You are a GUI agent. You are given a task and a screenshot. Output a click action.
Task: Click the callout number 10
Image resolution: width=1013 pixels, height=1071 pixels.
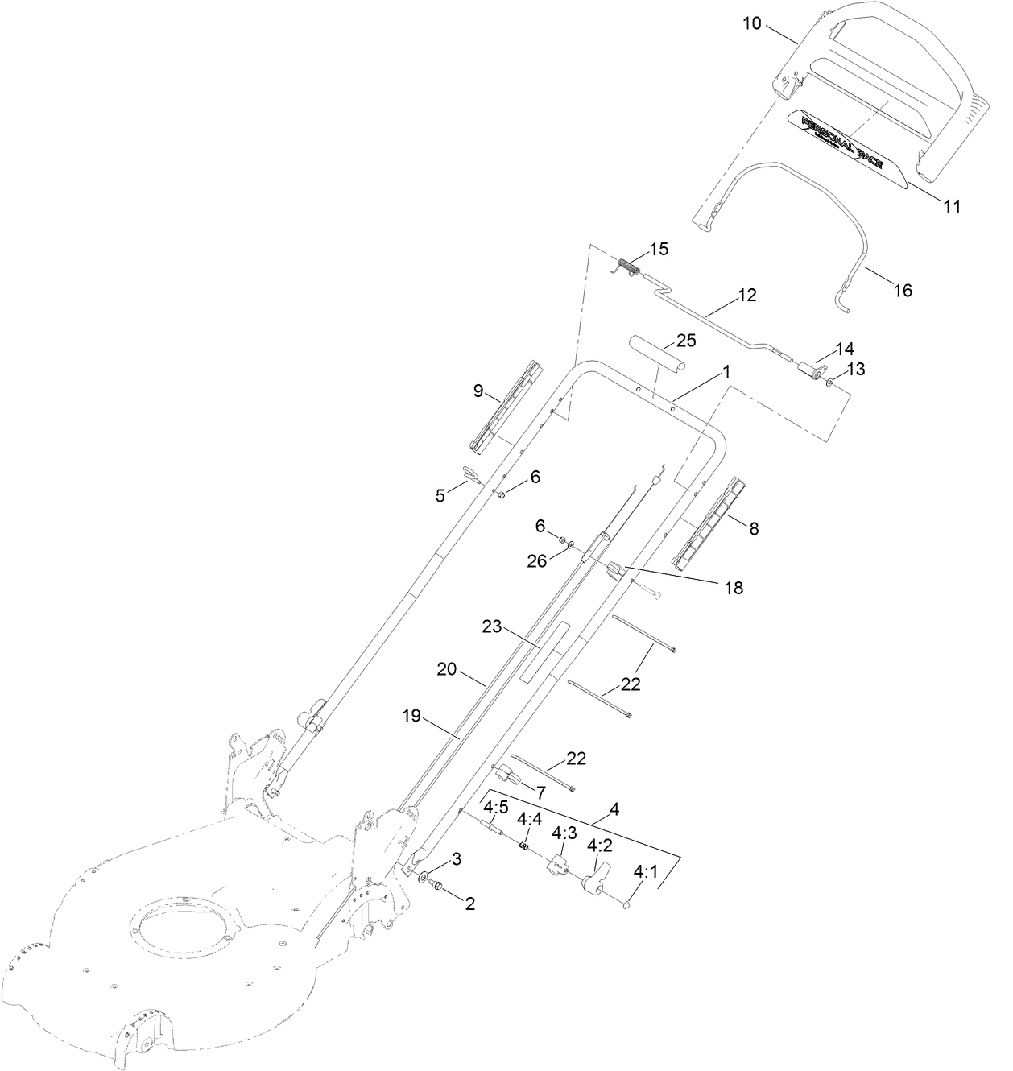(750, 23)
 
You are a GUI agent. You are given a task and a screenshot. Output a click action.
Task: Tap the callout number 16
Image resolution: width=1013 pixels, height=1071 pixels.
(903, 290)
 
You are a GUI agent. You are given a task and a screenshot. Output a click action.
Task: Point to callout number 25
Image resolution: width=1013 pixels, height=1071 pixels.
(685, 340)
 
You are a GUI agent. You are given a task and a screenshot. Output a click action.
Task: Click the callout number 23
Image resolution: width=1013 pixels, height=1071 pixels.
(492, 626)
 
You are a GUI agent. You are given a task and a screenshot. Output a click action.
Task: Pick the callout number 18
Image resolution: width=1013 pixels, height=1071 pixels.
(733, 589)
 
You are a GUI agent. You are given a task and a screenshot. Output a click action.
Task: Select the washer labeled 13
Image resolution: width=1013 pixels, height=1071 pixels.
(829, 380)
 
